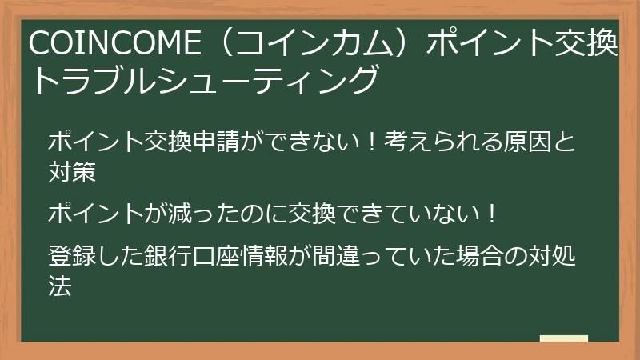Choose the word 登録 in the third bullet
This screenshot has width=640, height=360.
click(72, 257)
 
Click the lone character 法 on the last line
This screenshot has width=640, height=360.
click(60, 286)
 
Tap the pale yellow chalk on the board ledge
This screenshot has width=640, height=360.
click(563, 339)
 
